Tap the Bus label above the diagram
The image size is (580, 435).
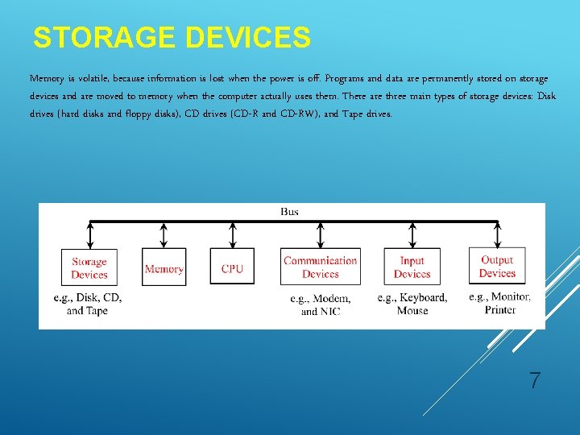(x=289, y=212)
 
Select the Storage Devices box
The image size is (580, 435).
(x=89, y=268)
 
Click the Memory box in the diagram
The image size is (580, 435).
(x=164, y=268)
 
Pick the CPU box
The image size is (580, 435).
(x=232, y=268)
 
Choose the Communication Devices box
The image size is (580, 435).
(x=320, y=267)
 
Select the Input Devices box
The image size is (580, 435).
(x=412, y=267)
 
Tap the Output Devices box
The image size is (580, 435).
(x=497, y=267)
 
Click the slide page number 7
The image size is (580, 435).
(x=534, y=381)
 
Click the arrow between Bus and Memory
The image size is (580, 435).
(x=164, y=235)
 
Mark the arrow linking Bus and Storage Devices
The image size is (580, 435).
(x=89, y=235)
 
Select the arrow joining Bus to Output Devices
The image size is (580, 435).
(x=497, y=235)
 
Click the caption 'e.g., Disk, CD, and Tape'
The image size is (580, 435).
(x=87, y=304)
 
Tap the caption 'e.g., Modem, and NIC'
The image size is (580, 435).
(x=320, y=304)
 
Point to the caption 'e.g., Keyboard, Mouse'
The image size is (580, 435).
(x=412, y=304)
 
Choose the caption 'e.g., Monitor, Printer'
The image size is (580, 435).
(x=499, y=303)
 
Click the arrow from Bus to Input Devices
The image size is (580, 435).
(x=412, y=235)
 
